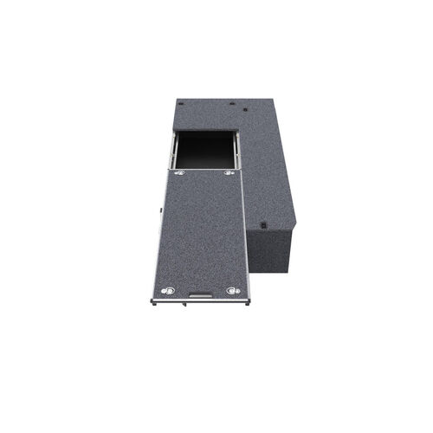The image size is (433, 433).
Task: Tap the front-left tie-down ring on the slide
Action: pyautogui.click(x=169, y=290)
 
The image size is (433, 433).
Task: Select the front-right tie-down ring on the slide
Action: pyautogui.click(x=232, y=290)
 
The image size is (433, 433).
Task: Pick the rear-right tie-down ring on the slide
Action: pyautogui.click(x=229, y=173)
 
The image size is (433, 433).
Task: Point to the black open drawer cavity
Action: pyautogui.click(x=206, y=149)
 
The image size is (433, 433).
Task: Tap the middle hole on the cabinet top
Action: pyautogui.click(x=231, y=103)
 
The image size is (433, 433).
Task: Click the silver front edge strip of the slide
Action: pyautogui.click(x=199, y=301)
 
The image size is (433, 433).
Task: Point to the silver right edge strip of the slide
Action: pyautogui.click(x=248, y=234)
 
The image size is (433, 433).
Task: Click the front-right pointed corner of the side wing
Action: pyautogui.click(x=294, y=224)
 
